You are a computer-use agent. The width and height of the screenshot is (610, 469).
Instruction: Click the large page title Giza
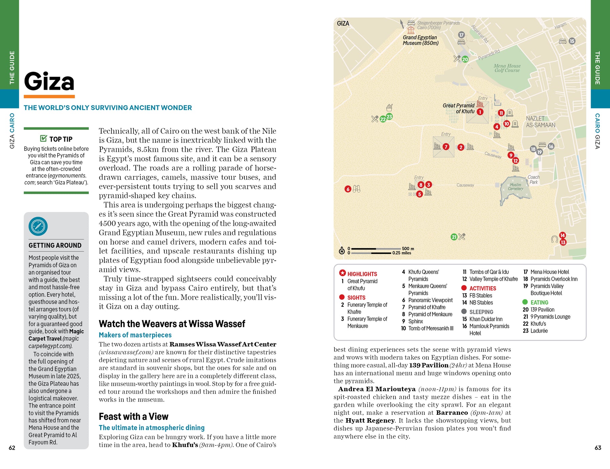49,82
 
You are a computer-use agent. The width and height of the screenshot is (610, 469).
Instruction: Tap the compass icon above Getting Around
38,226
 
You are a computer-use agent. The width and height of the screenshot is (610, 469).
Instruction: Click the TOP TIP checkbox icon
43,138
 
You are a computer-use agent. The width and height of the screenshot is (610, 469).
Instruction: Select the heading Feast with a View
134,416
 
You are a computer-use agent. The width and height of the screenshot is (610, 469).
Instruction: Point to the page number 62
12,448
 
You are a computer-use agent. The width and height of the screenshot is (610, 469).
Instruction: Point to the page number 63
598,448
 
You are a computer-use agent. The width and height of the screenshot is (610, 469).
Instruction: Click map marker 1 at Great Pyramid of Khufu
480,112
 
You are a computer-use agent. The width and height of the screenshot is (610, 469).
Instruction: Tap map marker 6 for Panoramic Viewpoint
348,189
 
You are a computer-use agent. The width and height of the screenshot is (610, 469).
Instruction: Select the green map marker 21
454,237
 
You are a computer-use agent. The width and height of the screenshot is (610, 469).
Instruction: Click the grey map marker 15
572,41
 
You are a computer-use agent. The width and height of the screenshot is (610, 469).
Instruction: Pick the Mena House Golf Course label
507,68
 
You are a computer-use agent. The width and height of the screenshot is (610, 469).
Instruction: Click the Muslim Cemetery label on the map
515,187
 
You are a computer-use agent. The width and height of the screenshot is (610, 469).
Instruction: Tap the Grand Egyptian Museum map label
420,40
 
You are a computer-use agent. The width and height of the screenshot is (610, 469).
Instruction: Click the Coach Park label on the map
533,179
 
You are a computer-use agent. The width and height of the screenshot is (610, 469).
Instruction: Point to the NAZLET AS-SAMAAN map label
540,122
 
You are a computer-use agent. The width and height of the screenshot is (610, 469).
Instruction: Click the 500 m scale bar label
408,249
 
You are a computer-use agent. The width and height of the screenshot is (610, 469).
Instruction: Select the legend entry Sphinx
415,321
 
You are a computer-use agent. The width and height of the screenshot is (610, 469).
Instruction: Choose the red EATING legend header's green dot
525,302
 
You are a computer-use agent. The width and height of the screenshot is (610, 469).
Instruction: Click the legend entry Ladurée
539,331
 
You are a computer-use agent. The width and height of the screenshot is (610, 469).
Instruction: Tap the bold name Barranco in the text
452,413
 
